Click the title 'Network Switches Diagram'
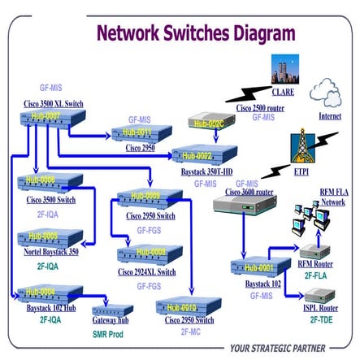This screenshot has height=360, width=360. pos(196,33)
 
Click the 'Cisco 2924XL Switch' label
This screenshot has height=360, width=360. pos(146,272)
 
